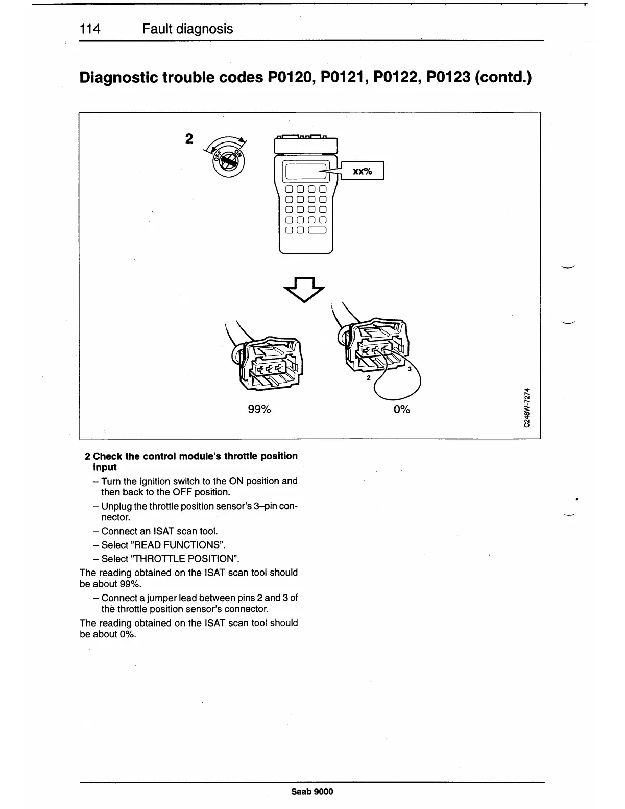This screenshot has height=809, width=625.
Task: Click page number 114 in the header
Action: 90,29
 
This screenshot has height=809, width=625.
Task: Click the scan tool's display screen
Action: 305,172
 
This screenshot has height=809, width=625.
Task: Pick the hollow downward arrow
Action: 304,290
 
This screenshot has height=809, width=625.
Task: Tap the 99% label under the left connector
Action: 259,410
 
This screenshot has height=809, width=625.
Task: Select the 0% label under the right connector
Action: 402,410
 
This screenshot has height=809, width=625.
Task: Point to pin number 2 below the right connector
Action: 368,379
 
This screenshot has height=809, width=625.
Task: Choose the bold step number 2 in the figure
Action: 189,139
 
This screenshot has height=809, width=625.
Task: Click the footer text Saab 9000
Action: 312,792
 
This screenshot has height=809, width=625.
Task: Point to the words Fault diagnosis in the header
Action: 187,29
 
